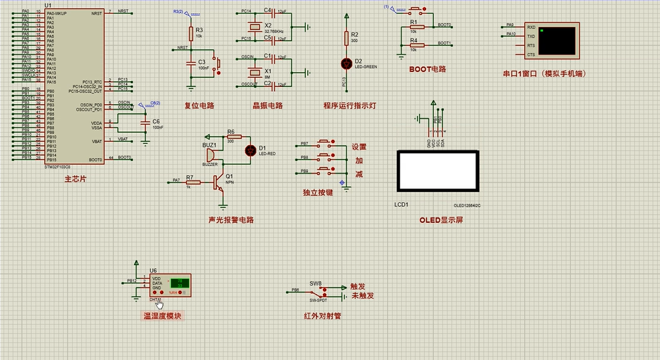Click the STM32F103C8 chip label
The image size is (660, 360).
57,167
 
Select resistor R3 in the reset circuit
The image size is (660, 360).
191,33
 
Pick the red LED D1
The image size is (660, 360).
251,150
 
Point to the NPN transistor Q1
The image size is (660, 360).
218,184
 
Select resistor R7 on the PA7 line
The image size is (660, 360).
193,181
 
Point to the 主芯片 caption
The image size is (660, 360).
75,179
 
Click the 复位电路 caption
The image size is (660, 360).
199,105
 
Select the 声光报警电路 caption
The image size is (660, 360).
231,220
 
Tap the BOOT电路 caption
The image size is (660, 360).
428,69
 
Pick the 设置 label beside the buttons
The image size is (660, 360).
359,147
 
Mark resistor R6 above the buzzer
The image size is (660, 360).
230,140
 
